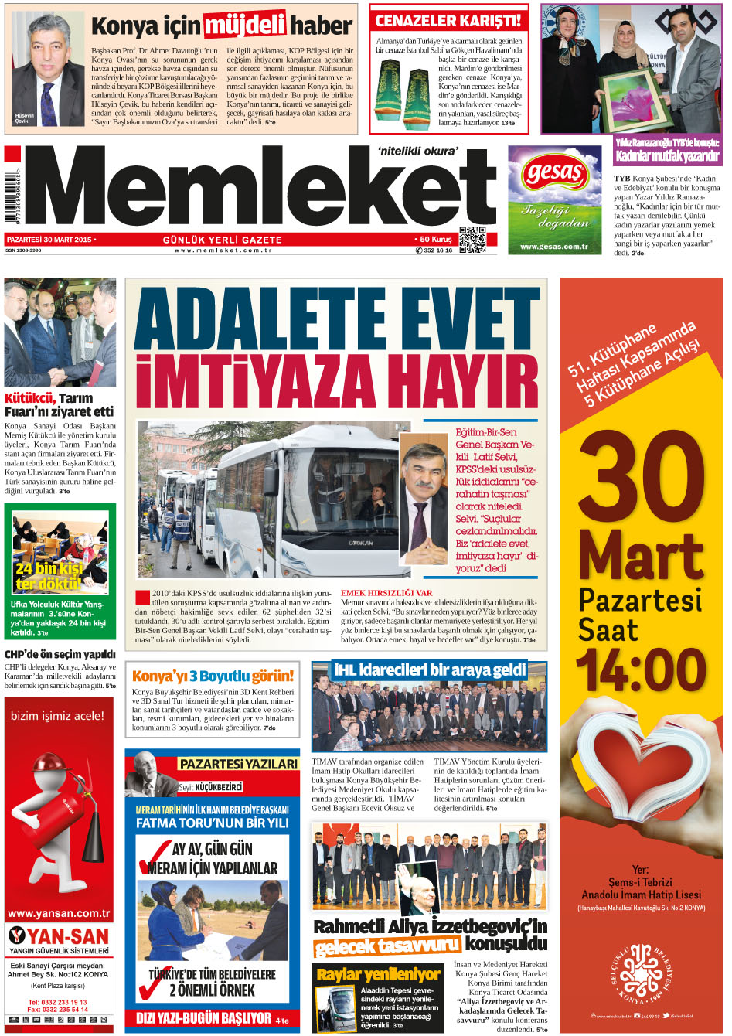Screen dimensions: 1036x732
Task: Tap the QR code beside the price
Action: point(472,240)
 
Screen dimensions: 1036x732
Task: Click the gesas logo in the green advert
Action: point(553,172)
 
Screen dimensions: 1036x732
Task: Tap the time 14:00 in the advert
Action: point(641,669)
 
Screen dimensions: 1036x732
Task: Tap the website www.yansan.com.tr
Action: point(59,913)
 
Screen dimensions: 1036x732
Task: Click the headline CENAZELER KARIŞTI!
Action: point(448,21)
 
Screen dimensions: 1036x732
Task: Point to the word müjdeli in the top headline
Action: point(244,26)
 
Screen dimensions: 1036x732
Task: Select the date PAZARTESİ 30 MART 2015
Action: point(50,240)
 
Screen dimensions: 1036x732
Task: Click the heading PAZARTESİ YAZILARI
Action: point(238,764)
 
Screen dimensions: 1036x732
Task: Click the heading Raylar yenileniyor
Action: point(378,974)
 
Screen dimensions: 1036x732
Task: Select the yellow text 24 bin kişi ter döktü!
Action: point(49,576)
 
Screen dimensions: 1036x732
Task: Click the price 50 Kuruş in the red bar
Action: point(436,240)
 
